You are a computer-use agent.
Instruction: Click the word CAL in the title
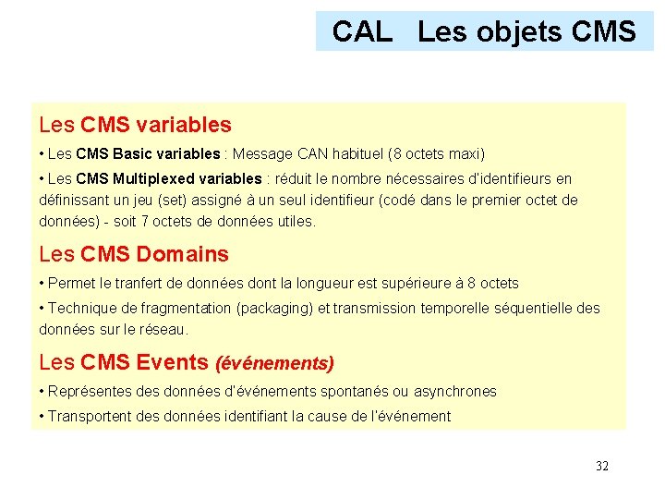(x=362, y=31)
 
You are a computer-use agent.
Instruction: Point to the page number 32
(x=602, y=466)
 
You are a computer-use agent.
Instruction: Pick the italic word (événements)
(x=274, y=364)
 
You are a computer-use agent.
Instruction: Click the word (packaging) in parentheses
(x=277, y=309)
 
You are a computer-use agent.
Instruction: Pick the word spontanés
(x=353, y=391)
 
